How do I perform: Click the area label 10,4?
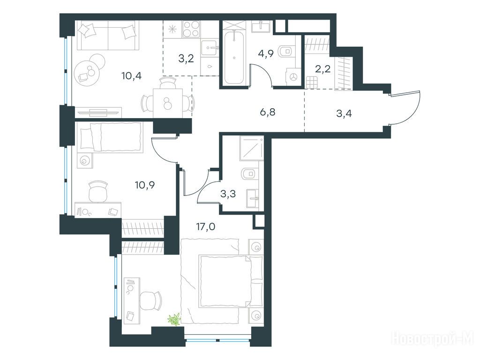tap(131, 75)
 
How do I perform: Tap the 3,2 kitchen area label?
tap(186, 58)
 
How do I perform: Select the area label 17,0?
tap(206, 227)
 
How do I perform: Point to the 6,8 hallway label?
tap(268, 112)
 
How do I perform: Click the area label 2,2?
tap(323, 69)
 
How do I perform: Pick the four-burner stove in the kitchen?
tap(191, 29)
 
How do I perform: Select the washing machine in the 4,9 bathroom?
tap(293, 76)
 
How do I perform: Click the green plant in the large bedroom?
tap(174, 319)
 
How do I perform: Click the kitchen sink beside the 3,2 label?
tap(210, 48)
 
